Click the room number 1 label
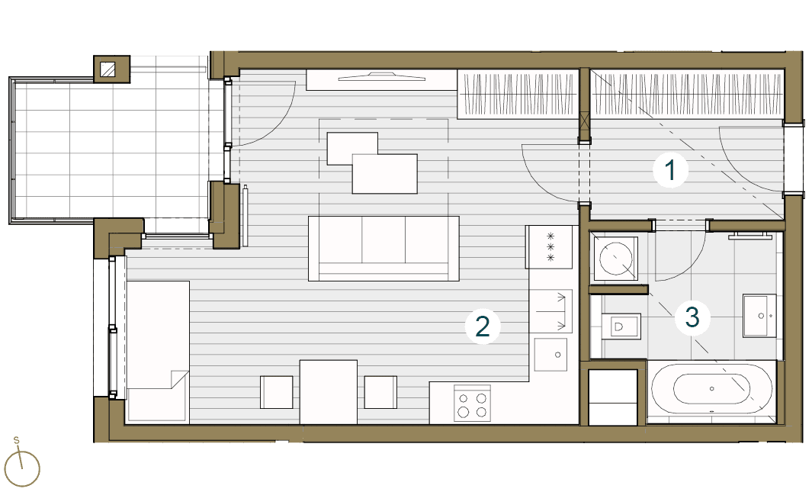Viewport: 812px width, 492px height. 670,170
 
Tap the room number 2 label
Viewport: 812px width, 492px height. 482,326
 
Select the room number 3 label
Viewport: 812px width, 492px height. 692,317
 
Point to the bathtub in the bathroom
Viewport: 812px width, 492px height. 711,388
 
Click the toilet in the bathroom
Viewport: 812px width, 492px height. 618,327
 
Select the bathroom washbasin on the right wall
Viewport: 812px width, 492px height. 760,314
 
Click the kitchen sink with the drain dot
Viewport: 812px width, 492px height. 550,354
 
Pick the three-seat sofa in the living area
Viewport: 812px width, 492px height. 384,248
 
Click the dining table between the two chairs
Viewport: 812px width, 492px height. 329,391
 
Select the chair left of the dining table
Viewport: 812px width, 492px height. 277,392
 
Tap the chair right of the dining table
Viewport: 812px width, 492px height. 380,392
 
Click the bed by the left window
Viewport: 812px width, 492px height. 158,349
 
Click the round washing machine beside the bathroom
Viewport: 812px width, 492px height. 618,257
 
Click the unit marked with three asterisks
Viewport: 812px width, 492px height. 549,247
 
